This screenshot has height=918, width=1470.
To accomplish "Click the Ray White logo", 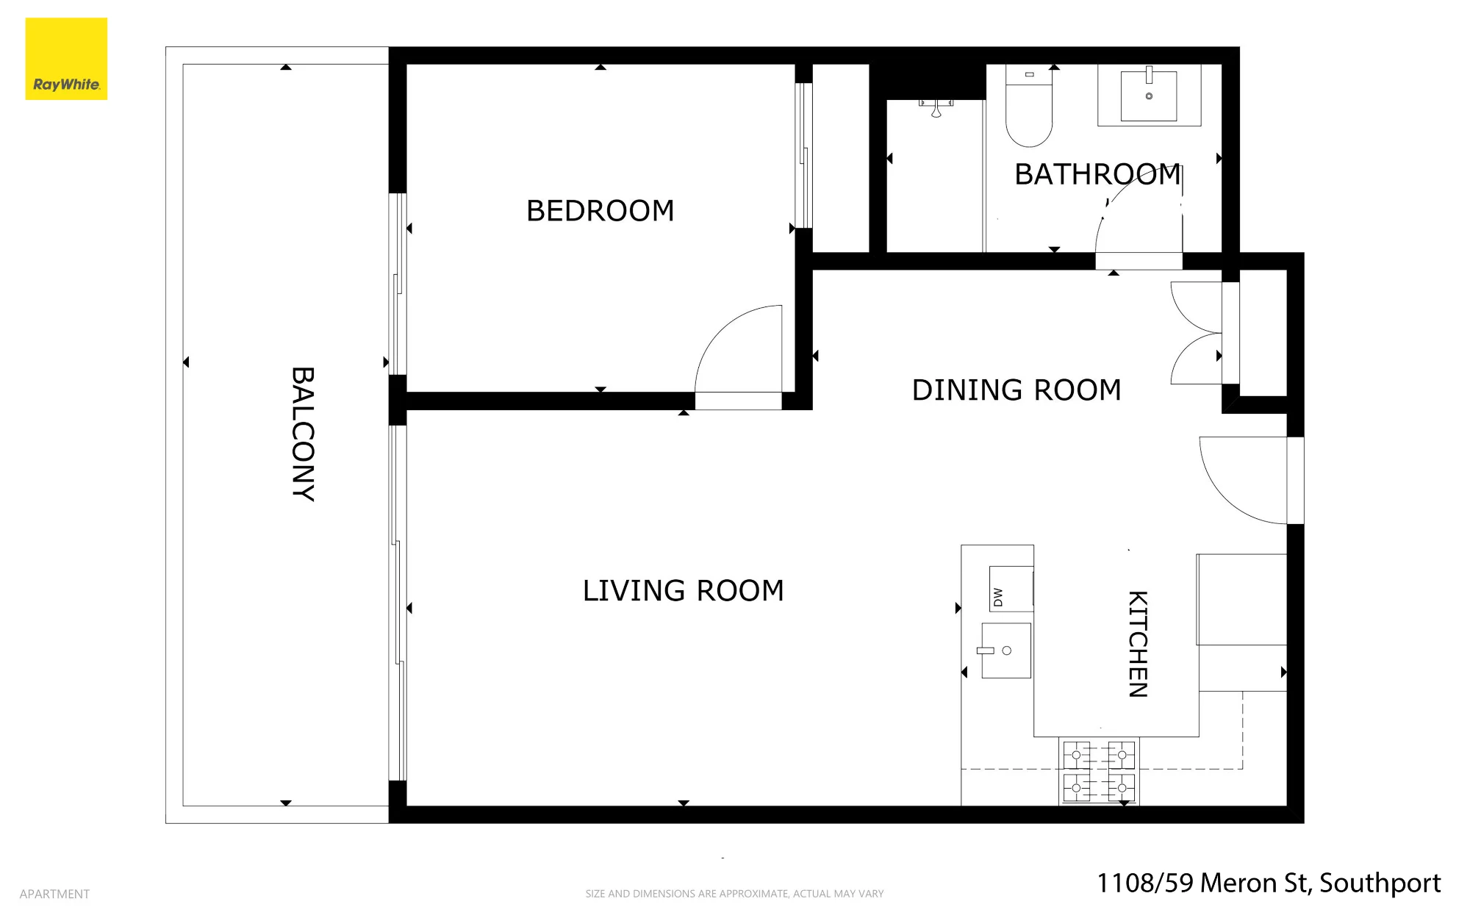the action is [x=66, y=59].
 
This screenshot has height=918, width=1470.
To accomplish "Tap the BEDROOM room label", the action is [x=600, y=211].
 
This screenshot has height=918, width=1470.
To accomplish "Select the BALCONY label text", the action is [x=303, y=434].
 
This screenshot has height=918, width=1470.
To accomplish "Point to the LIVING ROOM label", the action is [x=683, y=591].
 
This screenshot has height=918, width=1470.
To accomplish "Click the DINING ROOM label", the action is [x=1017, y=390].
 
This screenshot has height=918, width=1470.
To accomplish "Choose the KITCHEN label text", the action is [x=1138, y=644].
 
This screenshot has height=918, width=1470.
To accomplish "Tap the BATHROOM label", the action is [x=1097, y=175].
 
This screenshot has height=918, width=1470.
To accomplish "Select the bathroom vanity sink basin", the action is [x=1148, y=96].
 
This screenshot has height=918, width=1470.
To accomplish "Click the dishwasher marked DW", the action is [x=1011, y=589].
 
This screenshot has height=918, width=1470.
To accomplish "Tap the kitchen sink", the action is [x=1006, y=650].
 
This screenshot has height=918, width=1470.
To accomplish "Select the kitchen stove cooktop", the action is [x=1099, y=771].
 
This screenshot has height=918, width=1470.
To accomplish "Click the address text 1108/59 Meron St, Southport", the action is [x=1269, y=883].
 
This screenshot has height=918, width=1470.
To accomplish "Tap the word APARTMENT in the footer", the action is [x=54, y=894].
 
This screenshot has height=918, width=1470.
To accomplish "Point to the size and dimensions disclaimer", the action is [x=734, y=894].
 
